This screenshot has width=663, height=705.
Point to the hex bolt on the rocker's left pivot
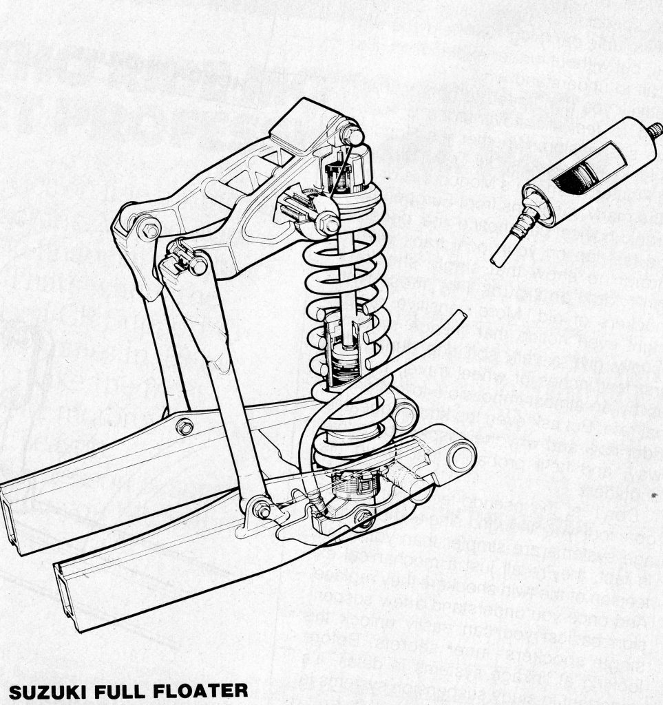(150, 230)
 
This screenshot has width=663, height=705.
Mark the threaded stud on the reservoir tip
(655, 130)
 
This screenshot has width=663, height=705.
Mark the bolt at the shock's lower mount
(363, 516)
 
